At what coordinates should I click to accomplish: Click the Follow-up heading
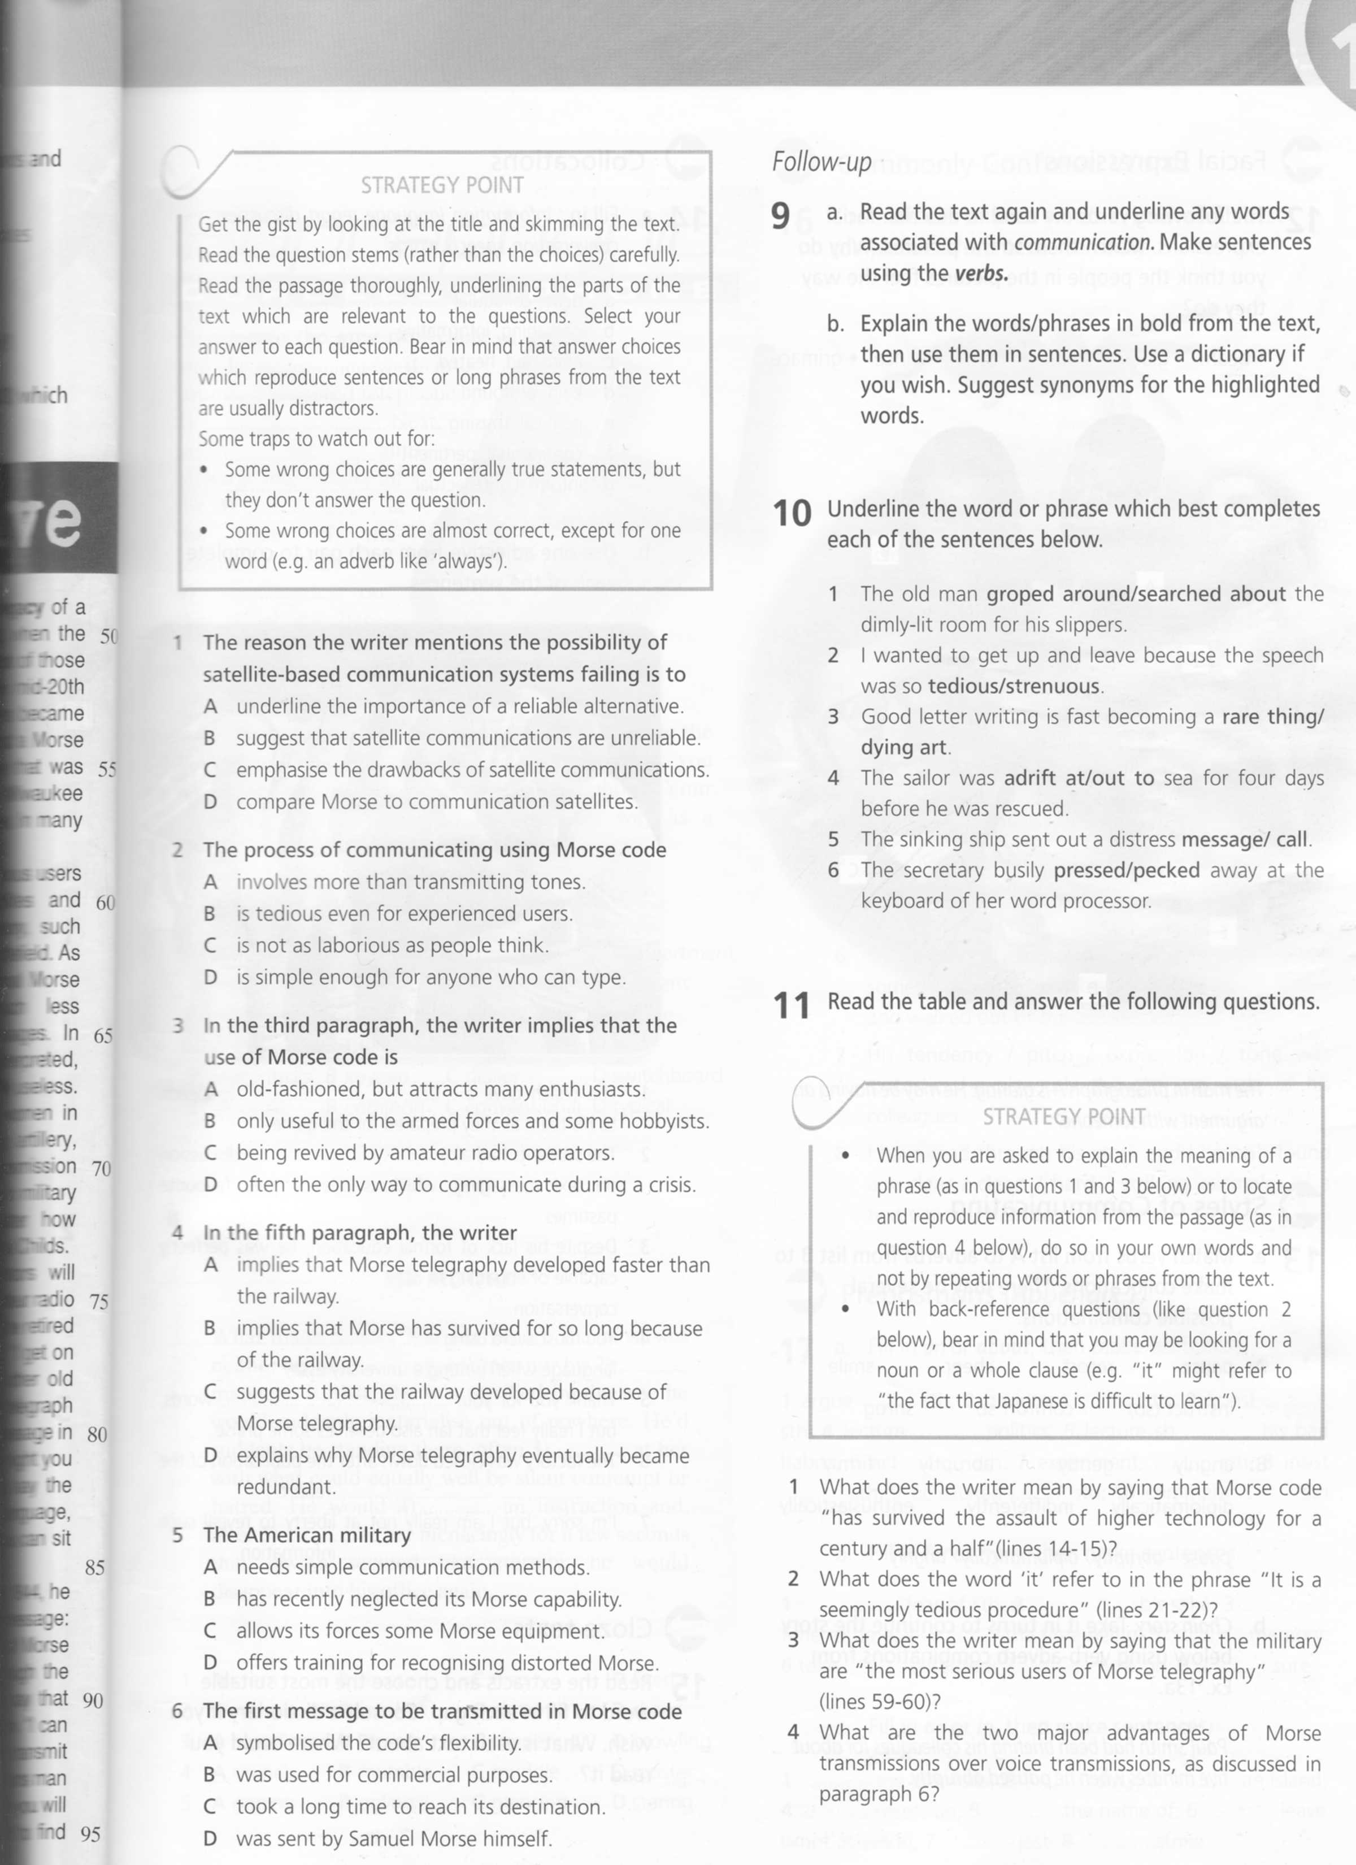(x=821, y=162)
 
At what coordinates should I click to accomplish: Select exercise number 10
(x=792, y=514)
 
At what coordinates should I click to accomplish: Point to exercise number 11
(x=791, y=1005)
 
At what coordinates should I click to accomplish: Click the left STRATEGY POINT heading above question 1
(x=442, y=186)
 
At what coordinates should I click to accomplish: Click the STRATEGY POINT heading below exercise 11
(x=1064, y=1117)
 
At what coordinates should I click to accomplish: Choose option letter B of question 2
(x=210, y=914)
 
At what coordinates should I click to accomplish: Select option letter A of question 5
(x=210, y=1567)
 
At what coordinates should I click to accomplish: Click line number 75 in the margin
(x=99, y=1302)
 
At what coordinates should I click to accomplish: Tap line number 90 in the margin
(x=93, y=1700)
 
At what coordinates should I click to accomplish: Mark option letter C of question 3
(x=211, y=1153)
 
